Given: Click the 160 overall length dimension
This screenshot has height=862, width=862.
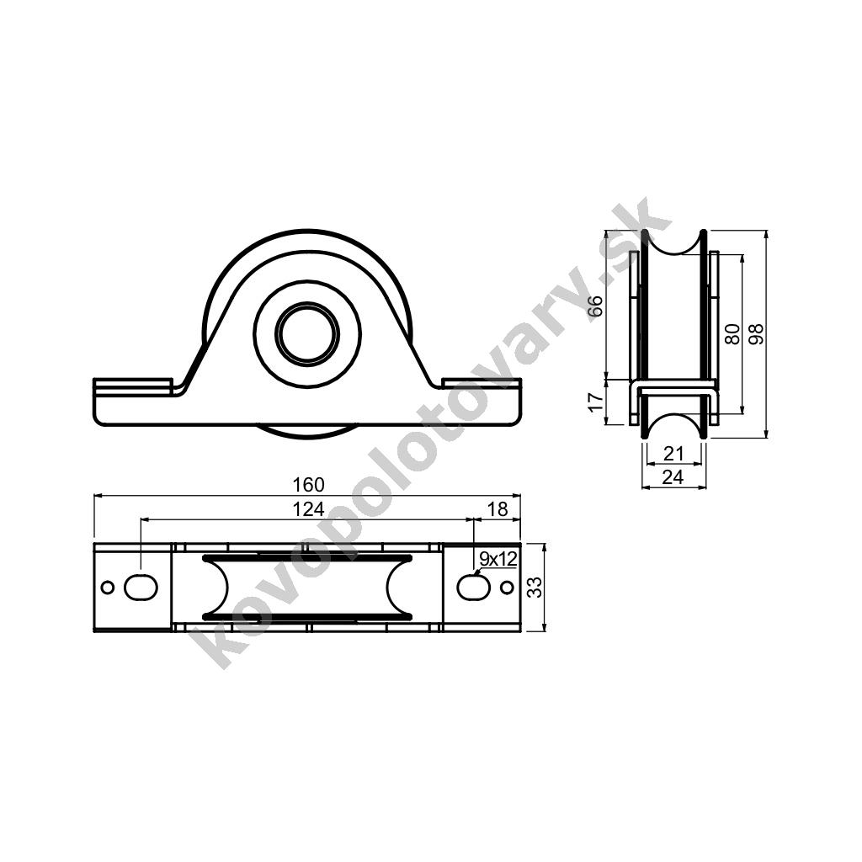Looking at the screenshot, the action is (x=308, y=484).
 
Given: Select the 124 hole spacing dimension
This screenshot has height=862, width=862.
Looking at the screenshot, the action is (x=308, y=509).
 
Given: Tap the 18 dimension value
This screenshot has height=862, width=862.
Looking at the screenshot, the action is (x=498, y=509).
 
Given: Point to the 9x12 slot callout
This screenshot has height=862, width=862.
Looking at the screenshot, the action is (x=498, y=559).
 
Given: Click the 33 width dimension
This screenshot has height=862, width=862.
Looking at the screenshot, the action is (x=535, y=587).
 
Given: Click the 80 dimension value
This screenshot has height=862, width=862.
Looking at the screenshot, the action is (x=732, y=333).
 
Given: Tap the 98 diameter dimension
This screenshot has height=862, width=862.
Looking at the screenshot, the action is (x=757, y=333).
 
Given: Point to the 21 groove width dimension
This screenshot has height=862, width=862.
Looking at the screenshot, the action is (x=673, y=454).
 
